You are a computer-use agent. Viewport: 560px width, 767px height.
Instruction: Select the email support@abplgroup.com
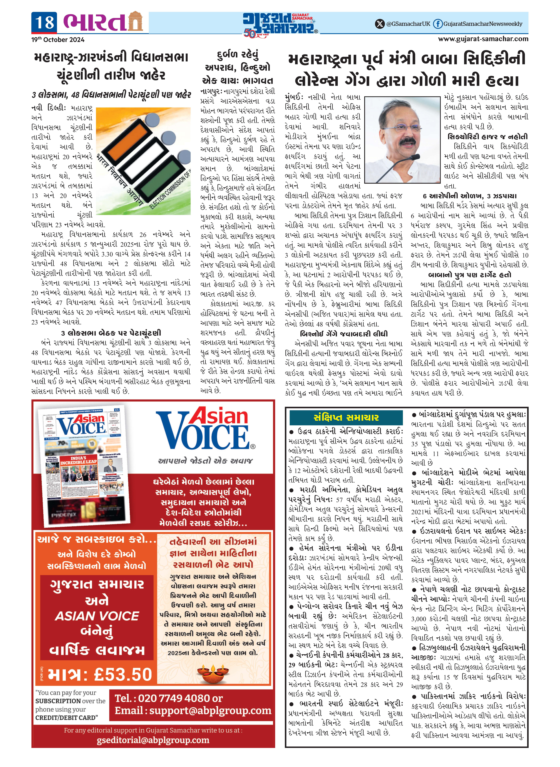210,710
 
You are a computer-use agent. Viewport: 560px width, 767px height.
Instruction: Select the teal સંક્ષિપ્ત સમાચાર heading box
346,417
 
